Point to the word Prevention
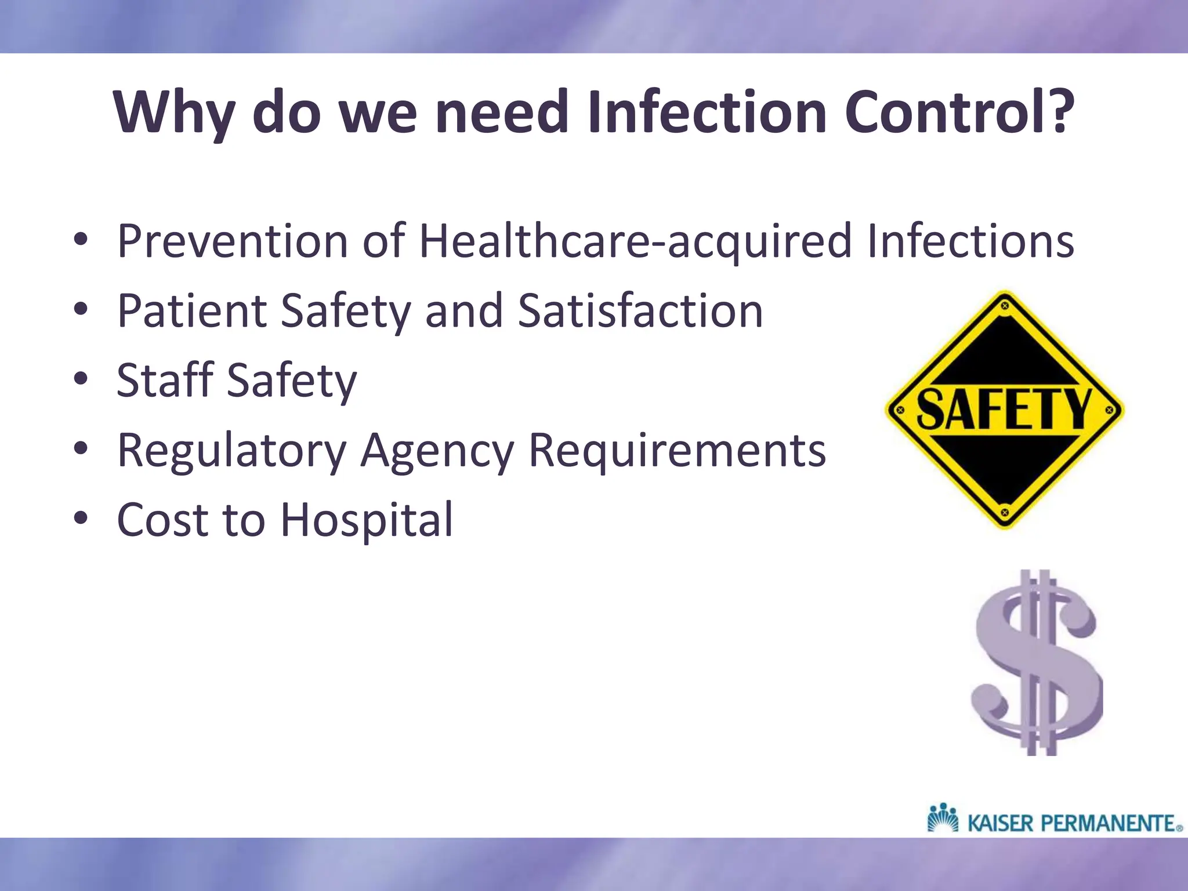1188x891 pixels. (x=232, y=241)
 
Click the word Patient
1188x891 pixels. (x=191, y=312)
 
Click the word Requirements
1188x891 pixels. (x=677, y=450)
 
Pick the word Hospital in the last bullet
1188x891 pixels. (x=366, y=520)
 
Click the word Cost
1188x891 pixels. (x=162, y=520)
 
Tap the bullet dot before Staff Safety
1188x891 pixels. (x=81, y=379)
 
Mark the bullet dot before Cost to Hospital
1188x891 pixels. (x=81, y=518)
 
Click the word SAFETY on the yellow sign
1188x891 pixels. (x=1004, y=409)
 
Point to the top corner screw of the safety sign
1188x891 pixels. (x=1005, y=305)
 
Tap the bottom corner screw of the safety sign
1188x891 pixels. (x=1005, y=513)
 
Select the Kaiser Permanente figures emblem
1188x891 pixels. (x=943, y=818)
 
